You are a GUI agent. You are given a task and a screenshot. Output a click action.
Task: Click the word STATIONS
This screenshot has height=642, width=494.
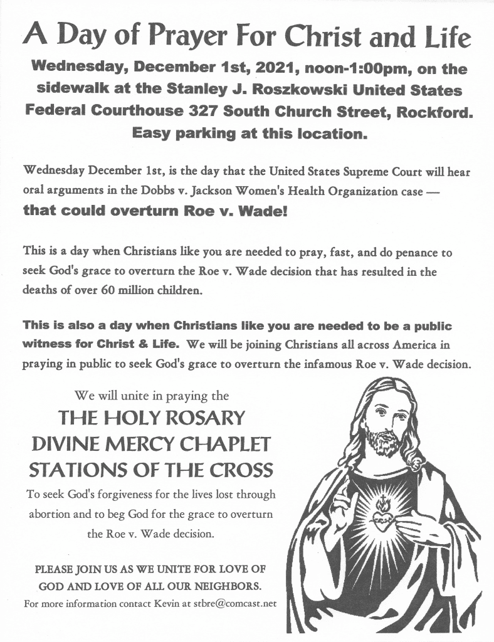tap(76, 469)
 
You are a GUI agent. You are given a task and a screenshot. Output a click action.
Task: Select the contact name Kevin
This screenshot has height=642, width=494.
tap(154, 604)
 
